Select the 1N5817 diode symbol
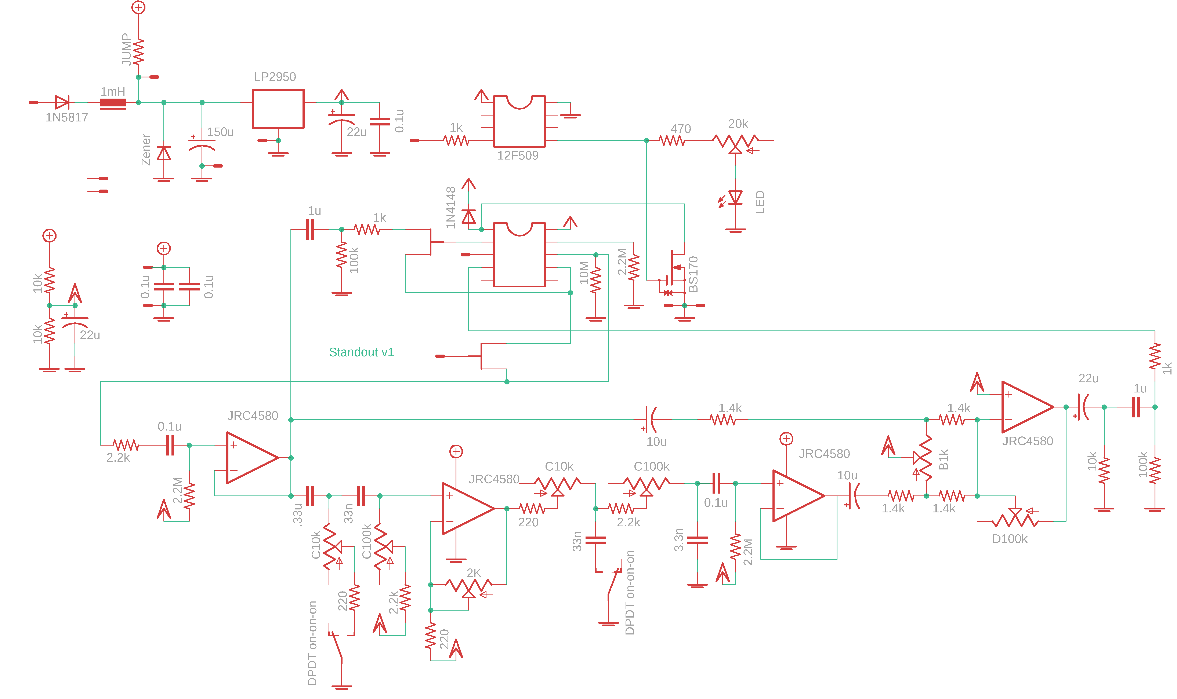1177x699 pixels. point(62,102)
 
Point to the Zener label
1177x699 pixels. point(146,150)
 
